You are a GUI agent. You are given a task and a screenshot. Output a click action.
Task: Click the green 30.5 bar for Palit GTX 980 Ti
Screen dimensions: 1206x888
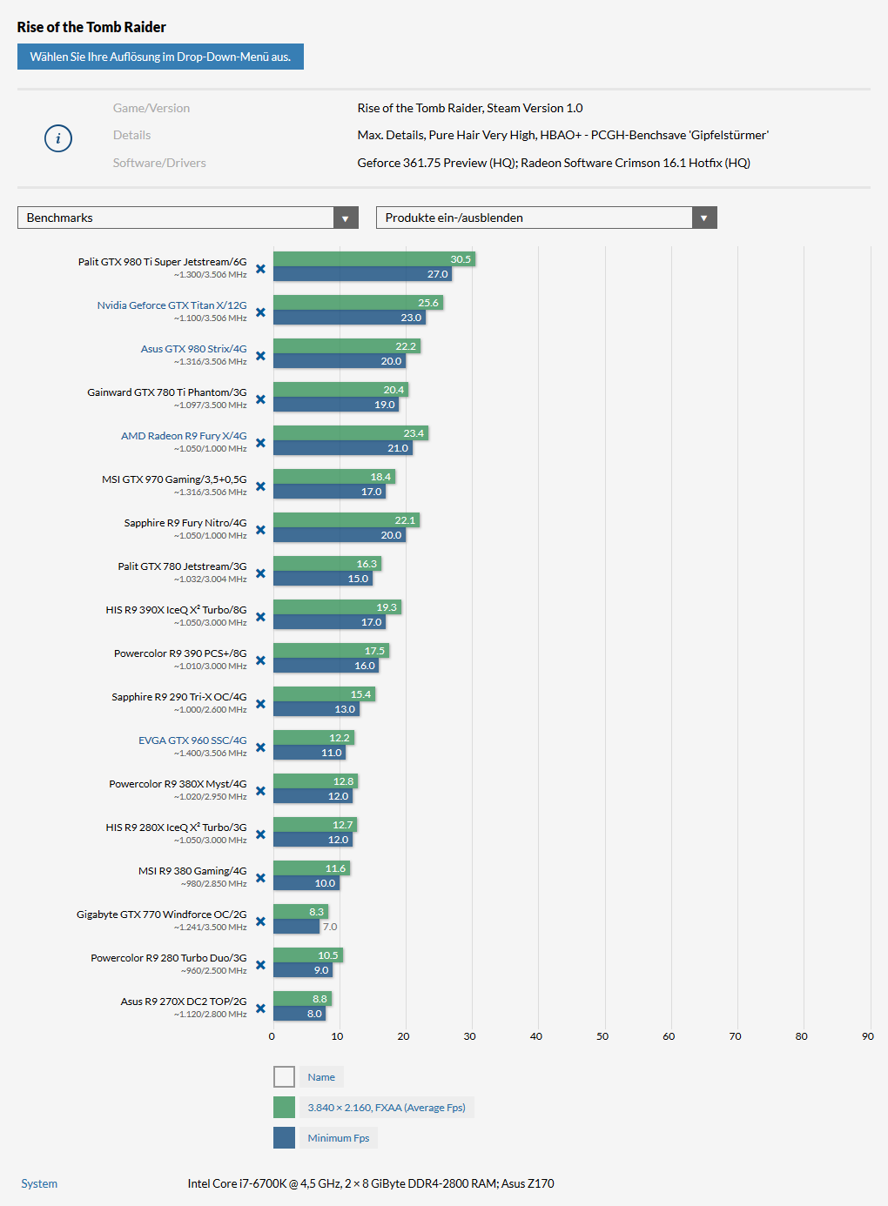(x=374, y=259)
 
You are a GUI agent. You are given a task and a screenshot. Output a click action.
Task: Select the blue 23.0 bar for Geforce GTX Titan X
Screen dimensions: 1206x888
(x=349, y=318)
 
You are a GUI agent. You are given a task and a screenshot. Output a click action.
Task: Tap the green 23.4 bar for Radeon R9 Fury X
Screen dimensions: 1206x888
(x=351, y=433)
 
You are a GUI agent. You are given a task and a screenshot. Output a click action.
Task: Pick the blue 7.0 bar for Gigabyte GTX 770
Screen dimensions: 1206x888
(x=297, y=927)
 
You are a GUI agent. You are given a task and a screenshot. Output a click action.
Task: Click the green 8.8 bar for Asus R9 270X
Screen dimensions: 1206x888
(x=302, y=999)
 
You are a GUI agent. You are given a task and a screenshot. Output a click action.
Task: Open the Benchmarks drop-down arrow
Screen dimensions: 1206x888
(x=346, y=218)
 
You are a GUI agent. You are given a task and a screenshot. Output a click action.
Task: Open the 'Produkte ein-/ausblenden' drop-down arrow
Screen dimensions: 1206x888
(x=704, y=218)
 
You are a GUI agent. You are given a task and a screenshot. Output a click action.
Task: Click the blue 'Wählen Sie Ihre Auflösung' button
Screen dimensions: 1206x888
(x=160, y=57)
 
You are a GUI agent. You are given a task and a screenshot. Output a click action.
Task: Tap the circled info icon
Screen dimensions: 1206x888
(x=58, y=137)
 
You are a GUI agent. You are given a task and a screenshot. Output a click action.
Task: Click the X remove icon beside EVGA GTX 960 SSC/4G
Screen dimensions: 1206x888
(x=260, y=747)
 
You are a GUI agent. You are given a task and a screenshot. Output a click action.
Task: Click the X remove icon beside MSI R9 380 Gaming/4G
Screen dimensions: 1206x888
(x=260, y=878)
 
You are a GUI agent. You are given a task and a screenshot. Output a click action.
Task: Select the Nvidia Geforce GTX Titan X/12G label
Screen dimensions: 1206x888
(x=172, y=305)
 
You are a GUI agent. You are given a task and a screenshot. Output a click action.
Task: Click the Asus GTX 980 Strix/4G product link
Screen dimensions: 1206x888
(x=193, y=349)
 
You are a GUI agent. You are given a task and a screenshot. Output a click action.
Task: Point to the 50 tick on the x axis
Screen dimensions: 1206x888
(x=602, y=1036)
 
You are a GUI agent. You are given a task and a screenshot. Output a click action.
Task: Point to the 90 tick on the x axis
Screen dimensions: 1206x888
(x=867, y=1036)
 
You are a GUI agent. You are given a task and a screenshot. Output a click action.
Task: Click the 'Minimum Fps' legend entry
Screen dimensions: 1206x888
(x=338, y=1138)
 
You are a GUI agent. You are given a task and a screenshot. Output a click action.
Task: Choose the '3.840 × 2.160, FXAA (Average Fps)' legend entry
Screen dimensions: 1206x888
(x=386, y=1108)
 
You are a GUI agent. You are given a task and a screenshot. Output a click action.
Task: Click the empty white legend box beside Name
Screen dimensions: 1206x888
(x=284, y=1077)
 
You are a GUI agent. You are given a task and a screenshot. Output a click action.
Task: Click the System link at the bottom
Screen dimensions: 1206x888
(x=39, y=1183)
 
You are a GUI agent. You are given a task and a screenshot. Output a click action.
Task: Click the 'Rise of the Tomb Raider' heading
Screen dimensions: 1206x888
(x=91, y=27)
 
